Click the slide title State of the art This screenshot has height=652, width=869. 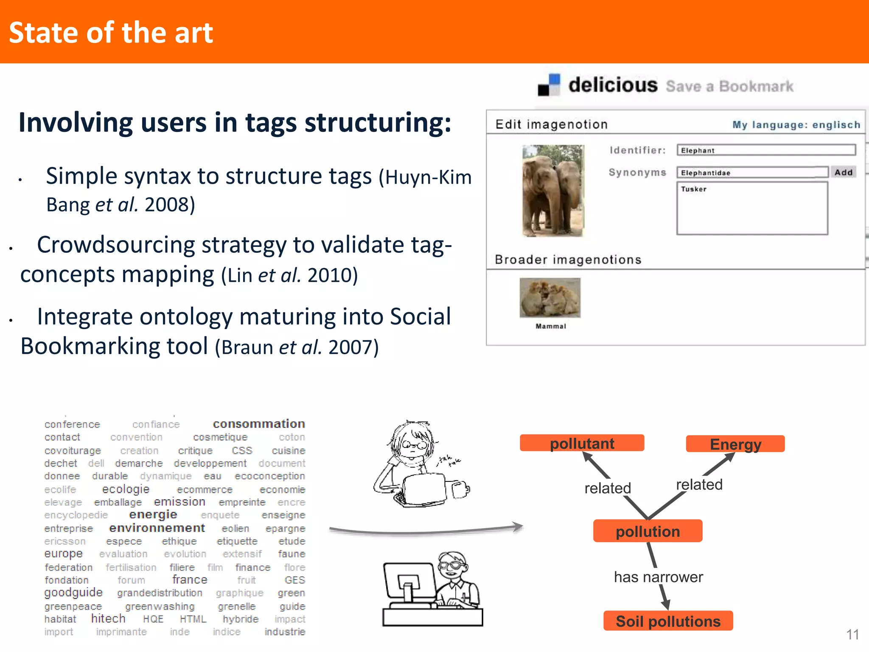[111, 33]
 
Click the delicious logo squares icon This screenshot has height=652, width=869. [549, 85]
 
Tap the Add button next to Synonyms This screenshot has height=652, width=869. [843, 172]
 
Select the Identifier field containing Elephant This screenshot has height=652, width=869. [766, 150]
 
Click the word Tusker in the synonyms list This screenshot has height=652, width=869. [694, 189]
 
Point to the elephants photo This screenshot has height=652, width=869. [553, 190]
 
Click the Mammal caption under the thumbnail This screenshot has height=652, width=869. [551, 326]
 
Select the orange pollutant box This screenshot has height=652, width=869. [582, 443]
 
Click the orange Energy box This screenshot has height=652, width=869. [735, 444]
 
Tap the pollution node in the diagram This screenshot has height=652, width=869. [648, 531]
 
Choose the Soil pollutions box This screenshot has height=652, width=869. [668, 621]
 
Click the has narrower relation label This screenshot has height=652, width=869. [658, 577]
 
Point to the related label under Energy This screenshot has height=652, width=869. [699, 484]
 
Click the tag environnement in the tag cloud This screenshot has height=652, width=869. [157, 528]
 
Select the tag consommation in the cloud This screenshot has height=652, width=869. [259, 424]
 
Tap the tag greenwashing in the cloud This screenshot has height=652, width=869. [160, 607]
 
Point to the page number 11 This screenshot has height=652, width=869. [852, 635]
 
